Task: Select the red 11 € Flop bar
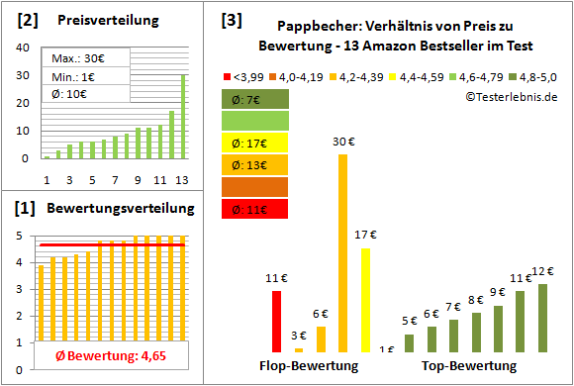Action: (x=277, y=321)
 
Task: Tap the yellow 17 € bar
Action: (x=365, y=300)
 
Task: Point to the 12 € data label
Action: (x=542, y=270)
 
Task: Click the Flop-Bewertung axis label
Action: (x=316, y=365)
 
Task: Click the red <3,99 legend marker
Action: (x=228, y=74)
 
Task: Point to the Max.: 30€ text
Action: (x=78, y=57)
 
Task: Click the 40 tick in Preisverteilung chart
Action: (x=25, y=48)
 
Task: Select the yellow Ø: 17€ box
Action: (x=254, y=143)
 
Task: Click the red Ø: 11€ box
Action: (x=254, y=209)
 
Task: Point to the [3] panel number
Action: (x=231, y=21)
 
